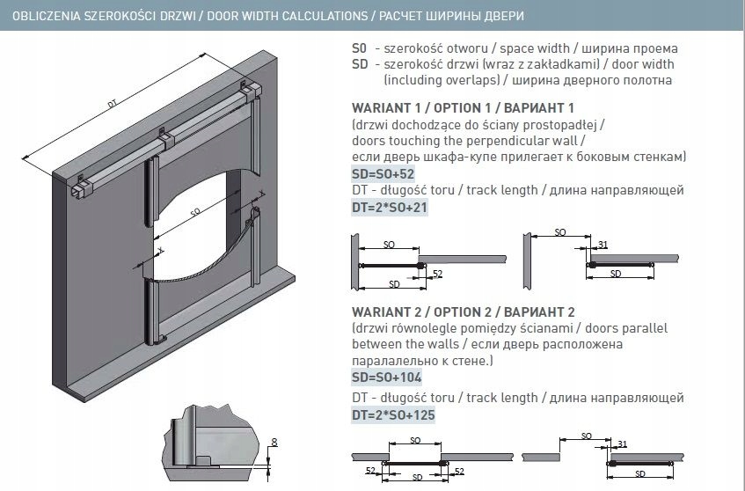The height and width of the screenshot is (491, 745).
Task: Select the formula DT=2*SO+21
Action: point(389,209)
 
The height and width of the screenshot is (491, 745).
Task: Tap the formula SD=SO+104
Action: point(386,377)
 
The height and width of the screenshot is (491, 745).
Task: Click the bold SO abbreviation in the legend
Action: point(358,49)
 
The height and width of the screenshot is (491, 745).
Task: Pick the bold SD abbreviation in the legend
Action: point(358,64)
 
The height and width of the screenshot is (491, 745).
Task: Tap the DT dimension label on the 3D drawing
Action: point(113,105)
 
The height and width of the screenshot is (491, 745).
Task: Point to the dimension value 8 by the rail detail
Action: point(274,443)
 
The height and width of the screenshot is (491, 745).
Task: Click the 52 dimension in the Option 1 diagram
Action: point(437,275)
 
